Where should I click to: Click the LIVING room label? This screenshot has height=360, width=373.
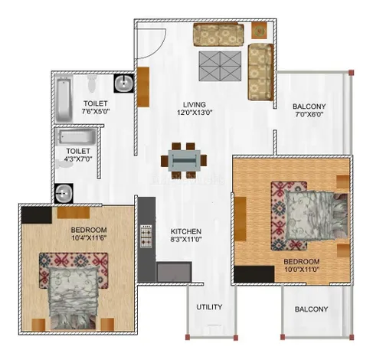(195, 105)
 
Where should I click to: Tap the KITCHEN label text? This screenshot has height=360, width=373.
(186, 231)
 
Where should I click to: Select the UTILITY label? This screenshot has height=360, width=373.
(209, 307)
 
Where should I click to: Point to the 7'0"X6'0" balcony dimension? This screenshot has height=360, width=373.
(309, 114)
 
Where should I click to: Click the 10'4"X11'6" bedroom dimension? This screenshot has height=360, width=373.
(89, 238)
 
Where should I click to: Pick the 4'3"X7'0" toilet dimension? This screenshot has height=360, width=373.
(78, 159)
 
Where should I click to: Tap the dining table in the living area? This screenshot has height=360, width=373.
(184, 161)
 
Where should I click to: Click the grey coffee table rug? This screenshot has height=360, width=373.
(220, 66)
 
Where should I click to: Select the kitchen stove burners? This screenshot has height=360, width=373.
(146, 236)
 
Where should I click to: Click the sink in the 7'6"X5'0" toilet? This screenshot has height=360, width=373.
(124, 83)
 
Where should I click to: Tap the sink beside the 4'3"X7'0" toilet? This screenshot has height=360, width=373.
(64, 193)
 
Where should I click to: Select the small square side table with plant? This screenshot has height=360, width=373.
(260, 31)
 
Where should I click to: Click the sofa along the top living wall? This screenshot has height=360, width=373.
(218, 34)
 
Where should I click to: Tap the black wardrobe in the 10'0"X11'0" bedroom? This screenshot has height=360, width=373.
(254, 274)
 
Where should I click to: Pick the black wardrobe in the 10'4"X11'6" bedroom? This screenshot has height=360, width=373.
(37, 215)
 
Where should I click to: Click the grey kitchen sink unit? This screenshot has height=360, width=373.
(174, 272)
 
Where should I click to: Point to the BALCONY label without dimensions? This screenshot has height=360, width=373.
(311, 309)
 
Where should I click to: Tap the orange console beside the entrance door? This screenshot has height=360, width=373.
(143, 87)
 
